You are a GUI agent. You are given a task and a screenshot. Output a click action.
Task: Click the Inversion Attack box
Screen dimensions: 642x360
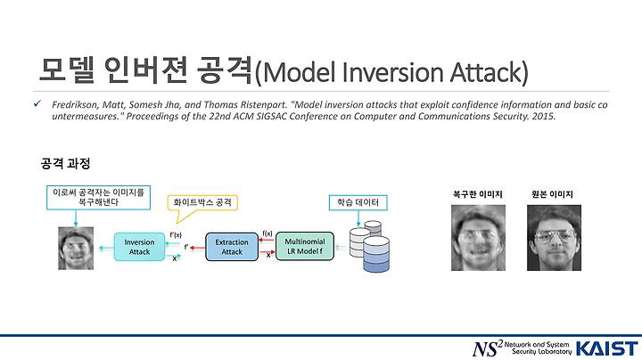point(139,247)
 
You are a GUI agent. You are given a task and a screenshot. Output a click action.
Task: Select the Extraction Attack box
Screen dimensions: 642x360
point(232,247)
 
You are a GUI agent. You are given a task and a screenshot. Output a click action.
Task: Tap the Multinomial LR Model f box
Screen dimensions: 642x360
point(305,246)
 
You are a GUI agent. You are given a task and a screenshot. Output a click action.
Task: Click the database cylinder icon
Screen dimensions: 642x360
point(370,246)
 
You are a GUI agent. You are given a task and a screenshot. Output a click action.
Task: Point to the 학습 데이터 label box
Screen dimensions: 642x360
point(358,202)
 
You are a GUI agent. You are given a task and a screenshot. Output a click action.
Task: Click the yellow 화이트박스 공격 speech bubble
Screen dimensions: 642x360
point(202,203)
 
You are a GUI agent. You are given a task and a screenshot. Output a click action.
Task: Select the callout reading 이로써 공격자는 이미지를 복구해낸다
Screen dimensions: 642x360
point(98,198)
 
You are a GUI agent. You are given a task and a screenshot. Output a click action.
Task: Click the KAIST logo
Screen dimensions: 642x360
point(607,348)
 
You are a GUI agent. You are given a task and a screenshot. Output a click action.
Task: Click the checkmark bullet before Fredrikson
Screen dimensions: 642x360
point(37,103)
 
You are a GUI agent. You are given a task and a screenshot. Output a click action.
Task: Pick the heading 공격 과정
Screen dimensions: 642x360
point(65,164)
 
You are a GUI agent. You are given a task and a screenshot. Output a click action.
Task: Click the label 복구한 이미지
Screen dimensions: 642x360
point(477,194)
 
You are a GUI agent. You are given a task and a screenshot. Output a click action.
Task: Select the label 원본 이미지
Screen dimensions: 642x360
point(552,194)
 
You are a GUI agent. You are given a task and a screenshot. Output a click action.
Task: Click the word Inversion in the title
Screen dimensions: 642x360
point(392,72)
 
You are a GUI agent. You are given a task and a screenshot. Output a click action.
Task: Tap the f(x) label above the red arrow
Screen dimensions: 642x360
point(267,233)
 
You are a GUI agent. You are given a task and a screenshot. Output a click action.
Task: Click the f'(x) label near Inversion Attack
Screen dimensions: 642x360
point(176,235)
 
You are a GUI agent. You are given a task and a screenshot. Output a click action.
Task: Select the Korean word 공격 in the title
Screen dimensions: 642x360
point(224,70)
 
